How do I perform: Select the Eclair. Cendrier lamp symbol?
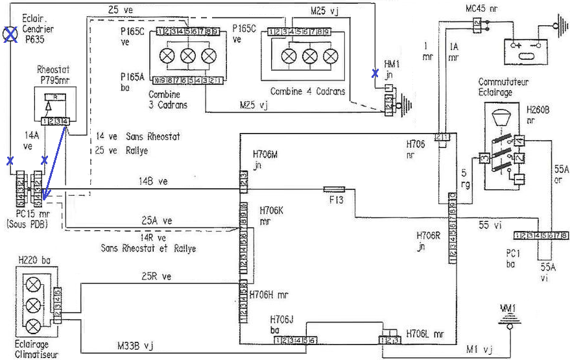point(10,34)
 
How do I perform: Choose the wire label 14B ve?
point(153,181)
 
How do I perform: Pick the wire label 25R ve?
point(157,276)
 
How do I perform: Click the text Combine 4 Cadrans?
point(308,91)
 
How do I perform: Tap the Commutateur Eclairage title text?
point(504,87)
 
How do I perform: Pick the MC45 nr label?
point(481,8)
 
